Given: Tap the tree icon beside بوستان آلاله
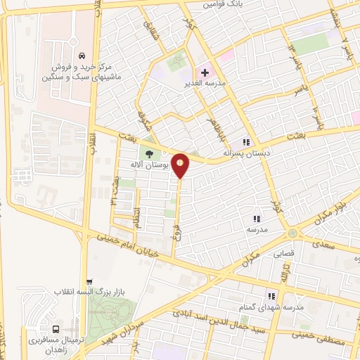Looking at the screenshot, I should click(148, 153).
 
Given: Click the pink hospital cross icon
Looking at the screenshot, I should click(204, 72).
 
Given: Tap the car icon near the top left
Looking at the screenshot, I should click(82, 56).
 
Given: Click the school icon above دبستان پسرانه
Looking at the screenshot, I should click(246, 141).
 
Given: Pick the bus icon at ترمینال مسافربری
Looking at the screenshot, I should click(56, 328).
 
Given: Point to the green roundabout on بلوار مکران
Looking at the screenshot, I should click(292, 233).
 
